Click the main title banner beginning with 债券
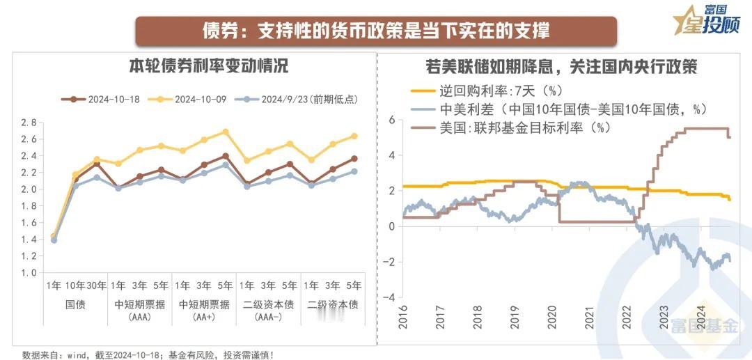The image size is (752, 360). tap(376, 31)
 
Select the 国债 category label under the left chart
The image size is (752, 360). tap(75, 304)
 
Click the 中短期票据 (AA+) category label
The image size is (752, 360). tap(204, 310)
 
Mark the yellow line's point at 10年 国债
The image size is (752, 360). tap(75, 174)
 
